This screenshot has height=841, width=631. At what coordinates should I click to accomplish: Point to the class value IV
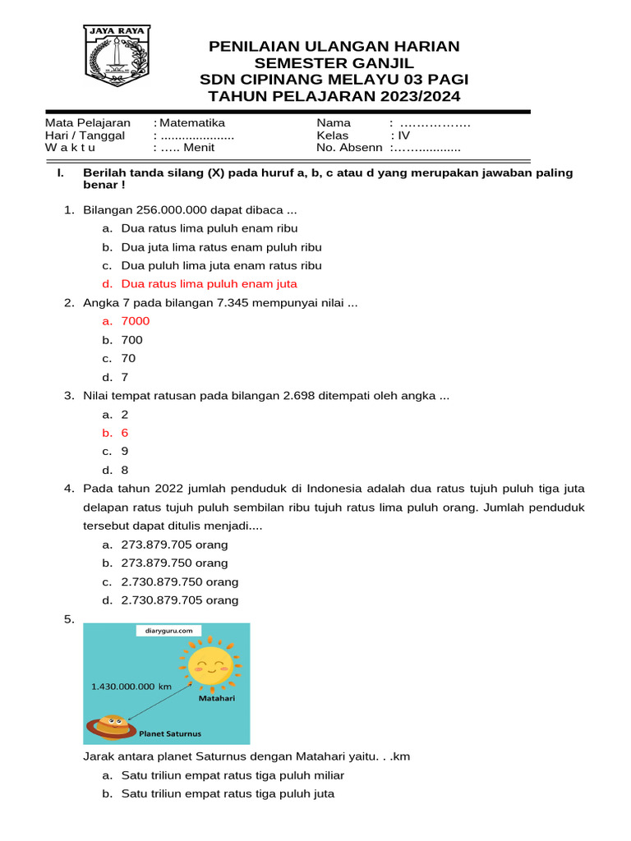403,136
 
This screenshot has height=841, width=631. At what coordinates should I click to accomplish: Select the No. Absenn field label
349,148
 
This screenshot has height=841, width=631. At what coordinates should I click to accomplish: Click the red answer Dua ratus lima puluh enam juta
209,283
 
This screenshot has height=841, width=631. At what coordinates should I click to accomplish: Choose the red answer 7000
136,321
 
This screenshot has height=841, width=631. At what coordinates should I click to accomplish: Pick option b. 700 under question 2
131,340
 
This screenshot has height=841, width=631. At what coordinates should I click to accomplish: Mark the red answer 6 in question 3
125,433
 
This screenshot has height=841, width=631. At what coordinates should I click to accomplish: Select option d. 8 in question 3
125,471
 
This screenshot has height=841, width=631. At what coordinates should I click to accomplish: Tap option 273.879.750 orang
174,563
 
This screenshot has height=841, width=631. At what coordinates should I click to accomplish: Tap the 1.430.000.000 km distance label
129,686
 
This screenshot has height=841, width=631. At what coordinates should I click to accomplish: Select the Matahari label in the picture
217,699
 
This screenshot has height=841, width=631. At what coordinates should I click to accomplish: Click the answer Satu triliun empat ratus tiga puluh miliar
233,775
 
